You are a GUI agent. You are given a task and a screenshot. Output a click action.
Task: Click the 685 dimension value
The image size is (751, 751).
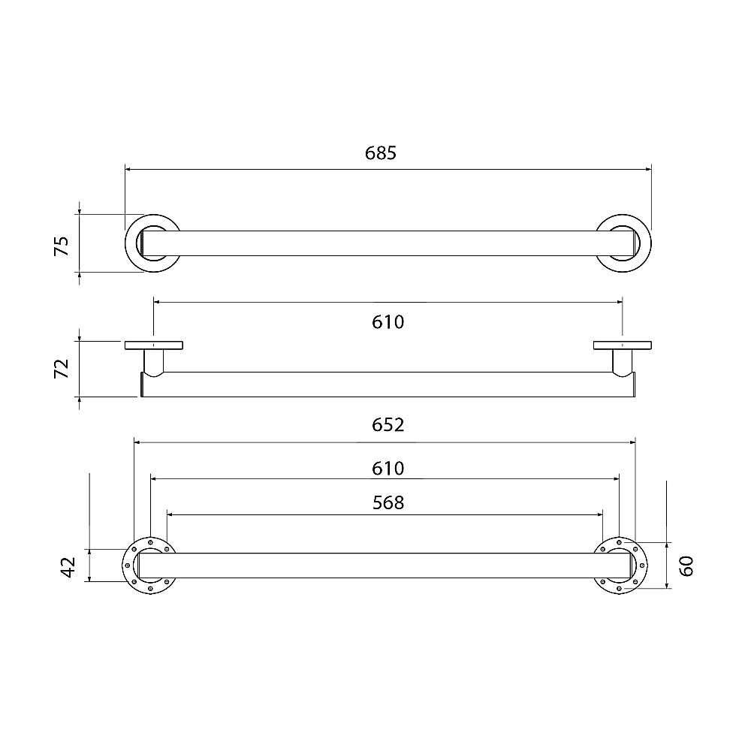click(381, 152)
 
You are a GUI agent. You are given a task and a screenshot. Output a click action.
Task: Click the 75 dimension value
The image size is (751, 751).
click(62, 246)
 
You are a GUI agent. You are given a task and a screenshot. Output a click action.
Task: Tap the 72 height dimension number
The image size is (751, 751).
click(62, 368)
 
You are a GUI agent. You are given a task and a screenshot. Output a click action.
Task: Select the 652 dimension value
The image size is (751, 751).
click(388, 425)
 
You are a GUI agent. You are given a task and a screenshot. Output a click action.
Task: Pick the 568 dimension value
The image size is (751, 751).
click(388, 502)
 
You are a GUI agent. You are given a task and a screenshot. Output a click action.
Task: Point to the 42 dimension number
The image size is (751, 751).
click(68, 567)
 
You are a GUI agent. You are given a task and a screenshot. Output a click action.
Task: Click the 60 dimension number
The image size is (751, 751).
click(686, 566)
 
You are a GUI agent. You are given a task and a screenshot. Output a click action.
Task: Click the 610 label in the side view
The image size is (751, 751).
click(388, 322)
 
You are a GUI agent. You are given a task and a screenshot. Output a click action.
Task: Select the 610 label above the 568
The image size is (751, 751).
click(388, 468)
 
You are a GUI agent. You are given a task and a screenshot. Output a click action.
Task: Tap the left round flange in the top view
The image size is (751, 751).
click(127, 243)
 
